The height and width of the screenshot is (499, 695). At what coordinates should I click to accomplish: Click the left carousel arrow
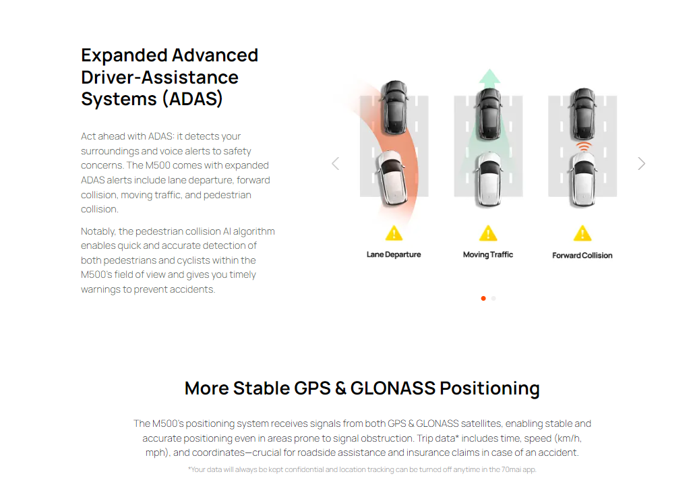[336, 164]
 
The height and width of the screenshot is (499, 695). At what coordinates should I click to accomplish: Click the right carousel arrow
[641, 164]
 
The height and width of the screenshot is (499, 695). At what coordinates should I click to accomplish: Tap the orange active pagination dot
[483, 299]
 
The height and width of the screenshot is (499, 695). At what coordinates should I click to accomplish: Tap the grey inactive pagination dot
[493, 299]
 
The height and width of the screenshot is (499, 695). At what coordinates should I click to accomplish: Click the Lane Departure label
[394, 255]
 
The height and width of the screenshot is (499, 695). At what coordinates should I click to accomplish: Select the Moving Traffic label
[488, 255]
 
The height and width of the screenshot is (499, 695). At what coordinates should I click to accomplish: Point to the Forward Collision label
[582, 256]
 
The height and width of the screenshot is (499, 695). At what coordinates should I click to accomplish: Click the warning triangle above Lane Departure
[394, 233]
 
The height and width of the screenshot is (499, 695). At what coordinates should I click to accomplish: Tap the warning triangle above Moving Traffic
[488, 233]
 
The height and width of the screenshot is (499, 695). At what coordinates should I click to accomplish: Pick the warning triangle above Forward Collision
[582, 233]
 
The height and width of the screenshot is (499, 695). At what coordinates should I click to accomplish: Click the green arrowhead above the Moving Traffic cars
[489, 76]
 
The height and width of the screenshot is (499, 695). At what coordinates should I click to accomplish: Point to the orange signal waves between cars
[584, 147]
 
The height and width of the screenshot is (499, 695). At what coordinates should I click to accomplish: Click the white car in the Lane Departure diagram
[392, 177]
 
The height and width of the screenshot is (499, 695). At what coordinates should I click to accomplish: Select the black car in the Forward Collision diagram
[583, 114]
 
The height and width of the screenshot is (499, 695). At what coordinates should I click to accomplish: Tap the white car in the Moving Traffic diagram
[489, 179]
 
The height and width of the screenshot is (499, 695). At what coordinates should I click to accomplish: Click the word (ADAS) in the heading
[192, 98]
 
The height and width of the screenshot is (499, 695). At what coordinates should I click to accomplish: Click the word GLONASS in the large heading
[393, 388]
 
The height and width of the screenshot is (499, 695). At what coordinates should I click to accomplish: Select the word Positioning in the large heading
[490, 388]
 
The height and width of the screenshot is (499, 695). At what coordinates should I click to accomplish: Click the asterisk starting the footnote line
[189, 468]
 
